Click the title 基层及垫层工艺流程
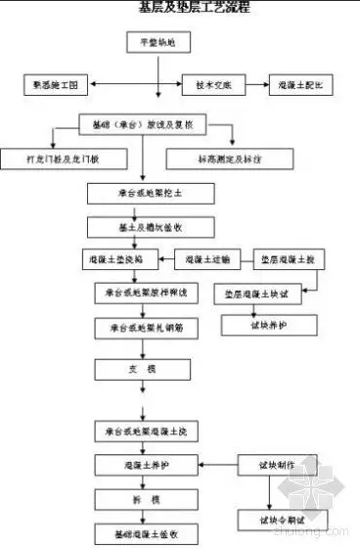click(x=194, y=7)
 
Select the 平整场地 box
click(x=151, y=43)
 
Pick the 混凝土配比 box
click(x=304, y=85)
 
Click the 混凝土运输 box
click(x=207, y=259)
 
